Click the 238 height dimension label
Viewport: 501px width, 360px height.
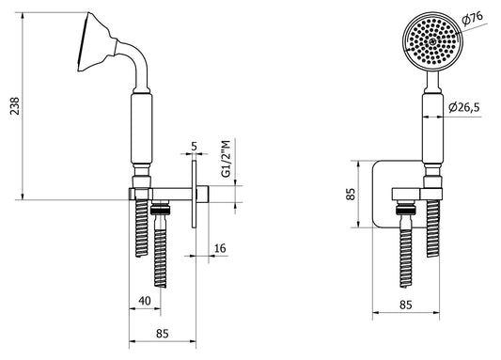[x=15, y=105]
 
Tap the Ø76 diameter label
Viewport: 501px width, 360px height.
[x=472, y=19]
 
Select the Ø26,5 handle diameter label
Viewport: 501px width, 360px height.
[x=464, y=108]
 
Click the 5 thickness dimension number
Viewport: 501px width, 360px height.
[x=195, y=147]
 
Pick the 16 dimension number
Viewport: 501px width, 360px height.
[x=220, y=248]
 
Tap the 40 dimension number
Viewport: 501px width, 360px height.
[x=145, y=301]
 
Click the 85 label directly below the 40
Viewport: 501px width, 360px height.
[x=163, y=334]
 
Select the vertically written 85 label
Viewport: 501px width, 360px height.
[x=351, y=194]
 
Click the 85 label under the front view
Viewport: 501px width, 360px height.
[x=406, y=305]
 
